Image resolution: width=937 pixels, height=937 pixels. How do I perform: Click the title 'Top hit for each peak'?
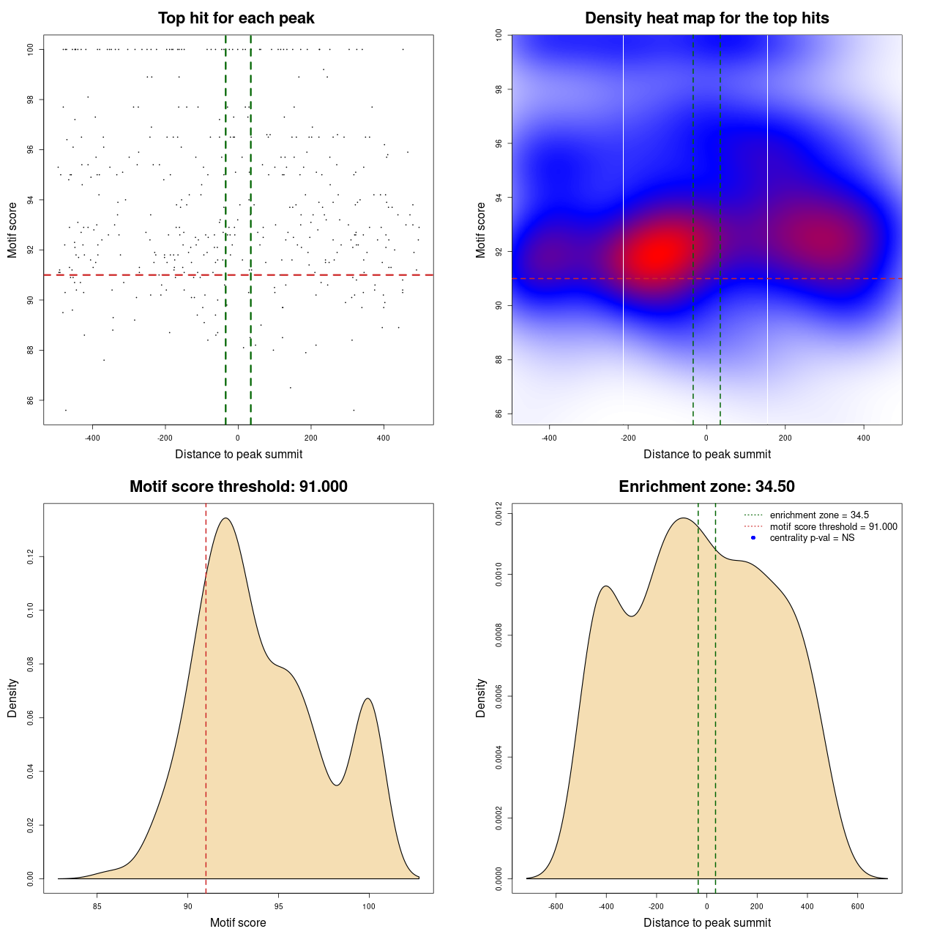(x=236, y=18)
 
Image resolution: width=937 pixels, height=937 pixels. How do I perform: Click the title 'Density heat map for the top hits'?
(x=706, y=18)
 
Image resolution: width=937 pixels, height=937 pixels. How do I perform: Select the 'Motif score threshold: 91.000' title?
(x=238, y=487)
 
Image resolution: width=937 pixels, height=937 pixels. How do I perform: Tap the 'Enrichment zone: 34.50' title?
(x=706, y=487)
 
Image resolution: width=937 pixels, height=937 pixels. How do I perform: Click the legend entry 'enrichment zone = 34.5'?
(x=819, y=515)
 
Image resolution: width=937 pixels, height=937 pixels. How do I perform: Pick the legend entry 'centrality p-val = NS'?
(x=812, y=538)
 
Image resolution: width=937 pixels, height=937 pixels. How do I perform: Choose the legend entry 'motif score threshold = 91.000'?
(x=833, y=527)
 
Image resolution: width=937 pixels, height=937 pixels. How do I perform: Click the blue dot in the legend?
(x=753, y=538)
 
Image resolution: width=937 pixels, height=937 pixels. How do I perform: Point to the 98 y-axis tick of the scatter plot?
(x=30, y=100)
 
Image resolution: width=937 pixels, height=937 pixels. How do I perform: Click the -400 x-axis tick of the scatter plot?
(x=92, y=438)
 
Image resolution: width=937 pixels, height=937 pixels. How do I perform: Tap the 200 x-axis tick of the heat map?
(x=785, y=438)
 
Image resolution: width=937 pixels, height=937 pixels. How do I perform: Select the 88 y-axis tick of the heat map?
(x=499, y=359)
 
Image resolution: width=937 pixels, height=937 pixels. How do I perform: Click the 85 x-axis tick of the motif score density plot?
(x=97, y=906)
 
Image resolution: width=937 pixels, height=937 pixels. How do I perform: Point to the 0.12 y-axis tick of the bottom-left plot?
(x=30, y=557)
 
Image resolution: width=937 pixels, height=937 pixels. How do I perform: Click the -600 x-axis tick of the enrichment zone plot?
(x=556, y=906)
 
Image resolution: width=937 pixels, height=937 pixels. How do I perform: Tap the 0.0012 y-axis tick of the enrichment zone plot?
(x=499, y=514)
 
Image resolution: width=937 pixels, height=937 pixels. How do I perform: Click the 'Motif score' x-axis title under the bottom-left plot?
(x=238, y=922)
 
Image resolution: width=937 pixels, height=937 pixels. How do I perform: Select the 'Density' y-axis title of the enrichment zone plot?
(x=481, y=698)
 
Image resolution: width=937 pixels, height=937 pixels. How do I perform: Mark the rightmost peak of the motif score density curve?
(x=368, y=698)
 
